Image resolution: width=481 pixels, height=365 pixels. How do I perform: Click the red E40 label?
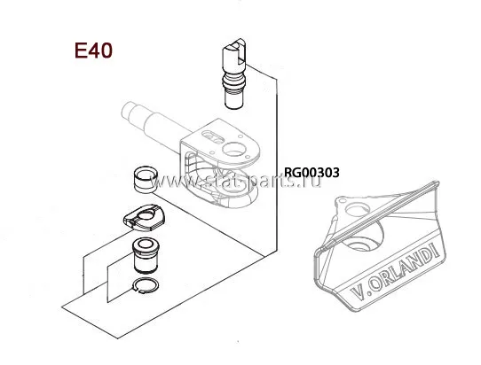click(93, 50)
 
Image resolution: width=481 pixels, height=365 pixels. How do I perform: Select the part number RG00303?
click(311, 173)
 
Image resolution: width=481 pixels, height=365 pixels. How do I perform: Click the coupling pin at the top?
click(234, 74)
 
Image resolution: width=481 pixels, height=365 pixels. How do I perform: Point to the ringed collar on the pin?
click(234, 82)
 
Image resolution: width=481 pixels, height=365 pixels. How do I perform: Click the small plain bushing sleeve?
click(146, 180)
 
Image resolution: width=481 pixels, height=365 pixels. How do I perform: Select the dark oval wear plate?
click(144, 218)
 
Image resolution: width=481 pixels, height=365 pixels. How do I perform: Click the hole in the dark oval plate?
click(146, 215)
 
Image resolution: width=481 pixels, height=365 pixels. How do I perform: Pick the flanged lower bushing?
click(146, 256)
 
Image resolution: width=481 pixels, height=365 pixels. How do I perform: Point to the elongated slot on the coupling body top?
click(213, 136)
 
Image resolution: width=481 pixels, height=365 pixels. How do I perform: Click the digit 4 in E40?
click(94, 50)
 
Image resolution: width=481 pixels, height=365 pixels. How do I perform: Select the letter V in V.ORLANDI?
click(357, 292)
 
